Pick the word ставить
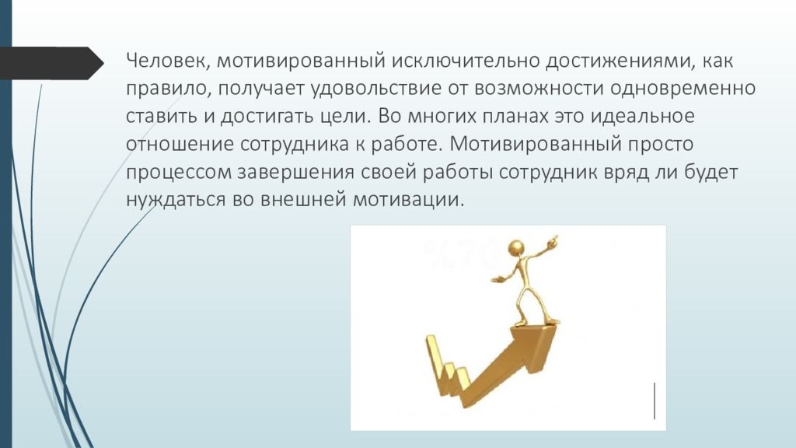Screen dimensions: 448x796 [159, 117]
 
